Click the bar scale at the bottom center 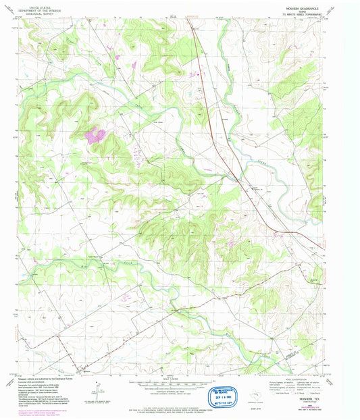179,382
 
